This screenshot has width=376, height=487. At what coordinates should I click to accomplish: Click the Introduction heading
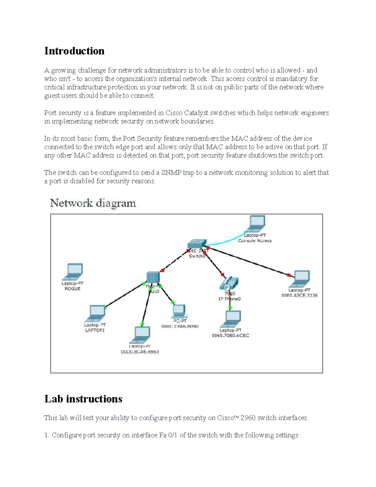[74, 51]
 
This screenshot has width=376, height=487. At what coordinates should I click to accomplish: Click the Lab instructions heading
[83, 399]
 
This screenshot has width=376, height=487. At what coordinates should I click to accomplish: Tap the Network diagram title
[93, 203]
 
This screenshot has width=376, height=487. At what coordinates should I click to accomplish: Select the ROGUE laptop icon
[73, 272]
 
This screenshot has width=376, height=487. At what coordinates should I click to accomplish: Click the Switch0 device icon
[197, 244]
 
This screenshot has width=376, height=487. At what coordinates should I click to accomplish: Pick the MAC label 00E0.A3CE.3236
[300, 295]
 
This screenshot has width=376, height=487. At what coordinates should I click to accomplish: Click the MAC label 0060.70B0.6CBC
[230, 336]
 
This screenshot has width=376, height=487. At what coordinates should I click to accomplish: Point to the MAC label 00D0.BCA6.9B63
[140, 352]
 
